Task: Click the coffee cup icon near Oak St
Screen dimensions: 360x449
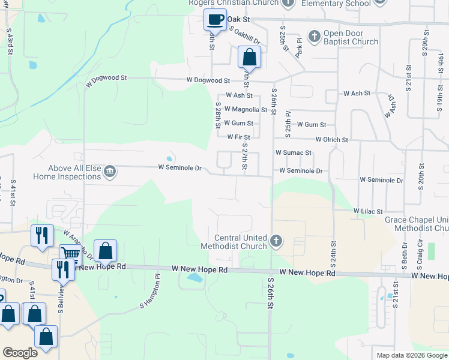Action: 215,19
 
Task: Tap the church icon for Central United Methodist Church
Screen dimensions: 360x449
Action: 276,242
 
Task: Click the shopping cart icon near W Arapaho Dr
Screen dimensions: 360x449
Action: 70,254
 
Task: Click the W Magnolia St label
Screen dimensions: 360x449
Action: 246,110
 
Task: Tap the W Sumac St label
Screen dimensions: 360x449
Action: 293,153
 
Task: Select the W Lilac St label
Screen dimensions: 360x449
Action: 368,211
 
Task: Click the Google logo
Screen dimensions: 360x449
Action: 20,353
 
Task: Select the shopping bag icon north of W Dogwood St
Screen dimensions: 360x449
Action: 249,58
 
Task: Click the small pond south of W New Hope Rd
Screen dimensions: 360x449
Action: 194,278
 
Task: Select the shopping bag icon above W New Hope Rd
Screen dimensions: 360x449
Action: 105,251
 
